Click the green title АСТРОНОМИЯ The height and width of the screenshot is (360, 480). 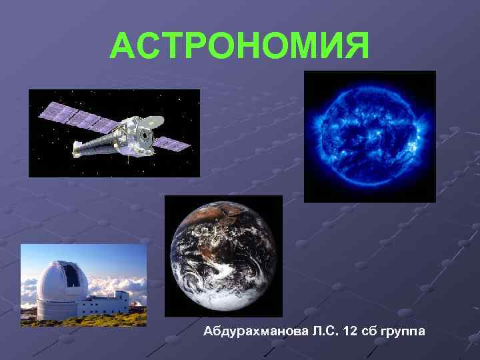tap(239, 45)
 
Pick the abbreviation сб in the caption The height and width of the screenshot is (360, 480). tap(367, 331)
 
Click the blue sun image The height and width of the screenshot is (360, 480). tap(369, 136)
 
